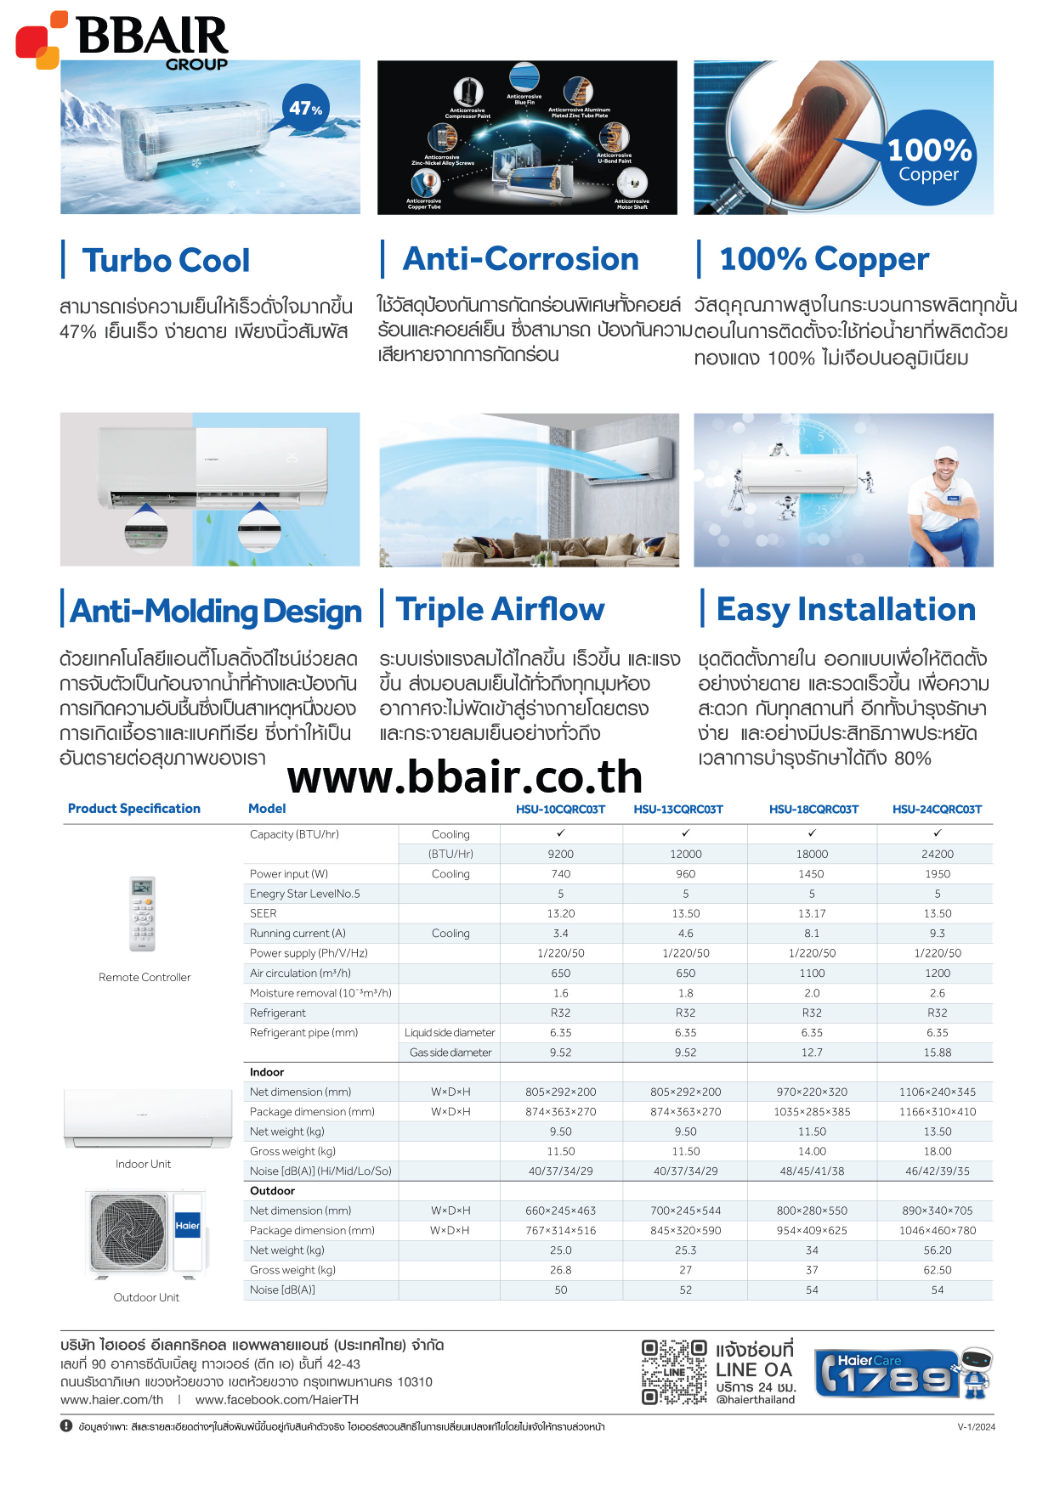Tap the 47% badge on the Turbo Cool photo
coord(305,109)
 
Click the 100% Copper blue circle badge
coord(929,159)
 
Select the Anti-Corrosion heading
coord(520,259)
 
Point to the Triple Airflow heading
coord(500,610)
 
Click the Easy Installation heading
coord(846,610)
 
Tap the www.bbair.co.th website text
coord(465,776)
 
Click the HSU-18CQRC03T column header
coord(813,810)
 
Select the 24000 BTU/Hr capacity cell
coord(937,854)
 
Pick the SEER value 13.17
coord(812,913)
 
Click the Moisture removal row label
coord(320,993)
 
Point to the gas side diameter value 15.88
coord(937,1053)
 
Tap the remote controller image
coord(142,914)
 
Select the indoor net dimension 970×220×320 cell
coord(812,1092)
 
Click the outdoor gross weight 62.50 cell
coord(937,1271)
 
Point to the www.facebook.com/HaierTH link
coord(276,1400)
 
